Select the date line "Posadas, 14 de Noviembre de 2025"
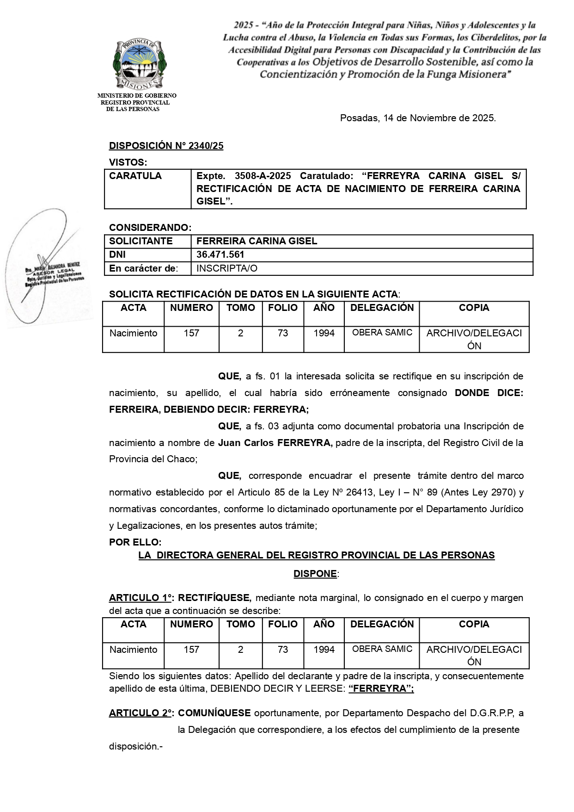tap(418, 118)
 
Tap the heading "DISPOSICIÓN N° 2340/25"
tap(166, 146)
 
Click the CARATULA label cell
tap(135, 176)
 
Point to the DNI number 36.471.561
tap(220, 254)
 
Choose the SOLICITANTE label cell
tap(141, 241)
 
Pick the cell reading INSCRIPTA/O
tap(227, 268)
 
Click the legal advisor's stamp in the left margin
tap(53, 275)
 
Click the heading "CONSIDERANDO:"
tap(150, 228)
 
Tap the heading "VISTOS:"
tap(128, 162)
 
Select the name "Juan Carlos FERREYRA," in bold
tap(275, 443)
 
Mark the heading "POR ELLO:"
tap(135, 542)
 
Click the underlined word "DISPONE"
tap(315, 574)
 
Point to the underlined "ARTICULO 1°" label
tap(140, 598)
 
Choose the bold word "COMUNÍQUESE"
tap(214, 713)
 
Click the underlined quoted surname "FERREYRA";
tap(381, 688)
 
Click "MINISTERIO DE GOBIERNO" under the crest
tap(137, 96)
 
